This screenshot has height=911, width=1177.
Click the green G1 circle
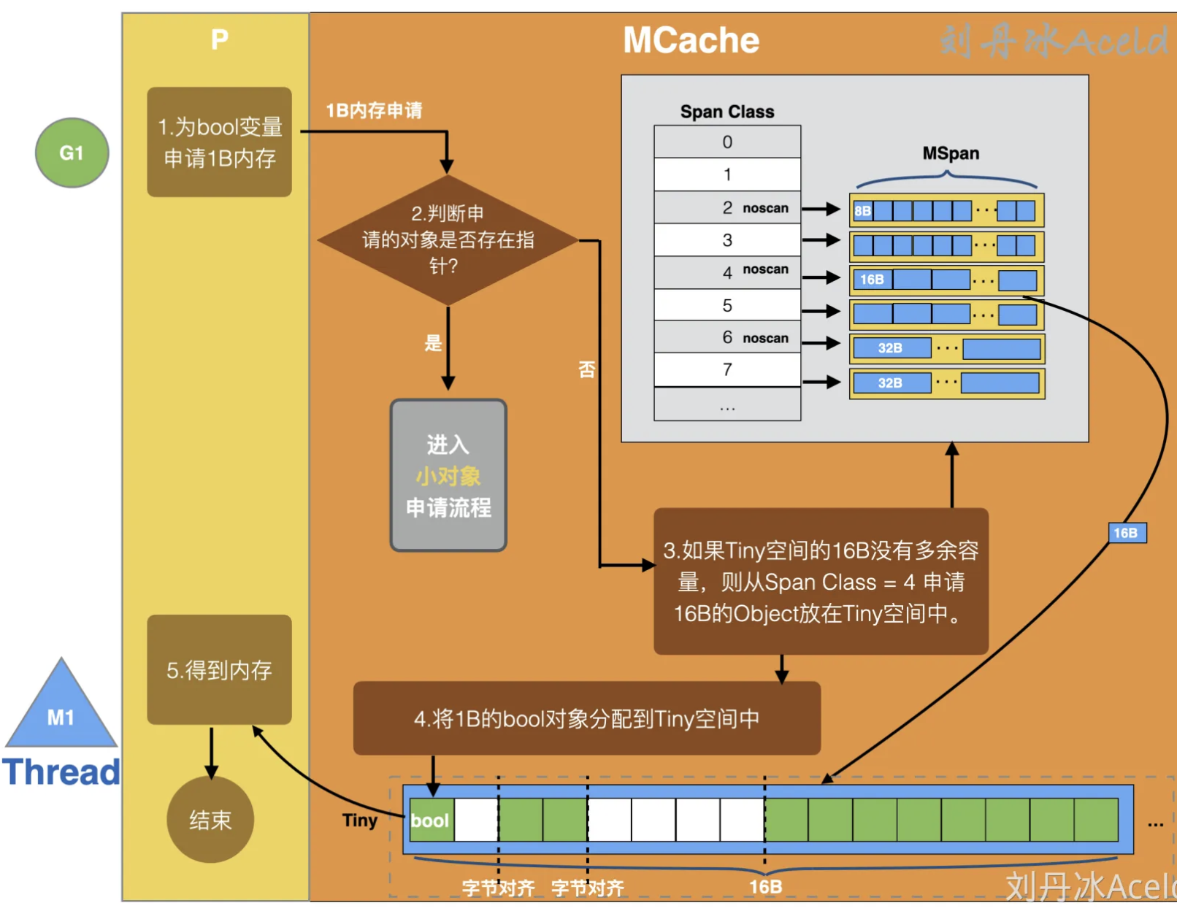[x=72, y=153]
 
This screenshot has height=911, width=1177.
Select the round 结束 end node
[x=210, y=819]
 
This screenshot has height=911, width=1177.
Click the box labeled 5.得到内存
[x=219, y=669]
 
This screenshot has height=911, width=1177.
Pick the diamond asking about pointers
[x=448, y=239]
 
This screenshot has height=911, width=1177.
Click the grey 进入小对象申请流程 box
[x=448, y=475]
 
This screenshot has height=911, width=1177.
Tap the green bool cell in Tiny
[x=431, y=820]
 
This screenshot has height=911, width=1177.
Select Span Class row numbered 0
[x=727, y=142]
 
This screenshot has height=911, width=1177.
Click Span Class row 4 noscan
[x=727, y=272]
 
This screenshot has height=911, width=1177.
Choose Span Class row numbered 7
[x=727, y=369]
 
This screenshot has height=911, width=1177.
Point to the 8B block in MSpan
[x=863, y=211]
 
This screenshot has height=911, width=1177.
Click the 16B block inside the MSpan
[x=872, y=280]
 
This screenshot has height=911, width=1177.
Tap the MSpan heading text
[x=951, y=153]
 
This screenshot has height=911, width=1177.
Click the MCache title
[x=691, y=40]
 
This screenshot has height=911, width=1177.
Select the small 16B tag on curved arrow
[x=1125, y=533]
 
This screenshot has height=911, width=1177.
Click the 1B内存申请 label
[x=374, y=110]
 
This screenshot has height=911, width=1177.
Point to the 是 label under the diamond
[x=434, y=343]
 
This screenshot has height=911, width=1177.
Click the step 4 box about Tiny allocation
[x=586, y=718]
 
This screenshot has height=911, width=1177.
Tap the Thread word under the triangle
[x=61, y=772]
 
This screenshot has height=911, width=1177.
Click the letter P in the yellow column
[x=219, y=39]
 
